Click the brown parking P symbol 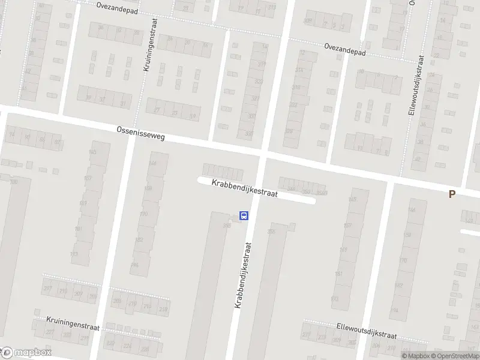pos(452,193)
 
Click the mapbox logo pos(26,352)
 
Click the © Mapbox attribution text pos(415,356)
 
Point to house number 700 pos(13,181)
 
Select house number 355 pos(271,232)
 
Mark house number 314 pos(298,70)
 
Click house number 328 pos(289,131)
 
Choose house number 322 pos(293,105)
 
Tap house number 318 pos(296,88)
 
